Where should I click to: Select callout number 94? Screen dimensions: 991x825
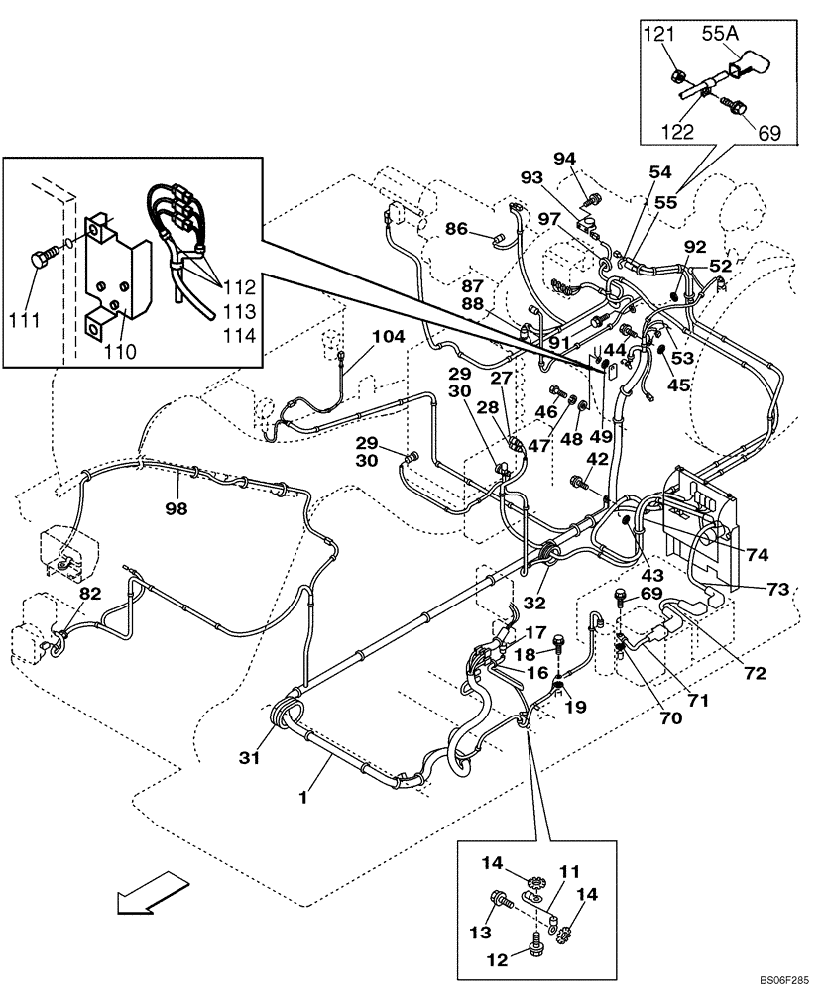[x=592, y=158]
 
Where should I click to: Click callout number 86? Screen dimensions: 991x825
[x=456, y=228]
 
